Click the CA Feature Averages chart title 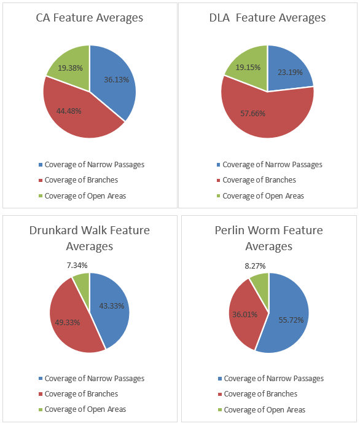pos(90,18)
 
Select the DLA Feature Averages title pos(267,18)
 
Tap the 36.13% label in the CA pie pos(117,79)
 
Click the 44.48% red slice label pos(69,111)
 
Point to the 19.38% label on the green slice pos(70,68)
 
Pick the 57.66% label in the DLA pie pos(252,113)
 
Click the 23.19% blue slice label pos(290,73)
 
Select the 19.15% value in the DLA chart pos(248,67)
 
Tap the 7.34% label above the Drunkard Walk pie pos(77,265)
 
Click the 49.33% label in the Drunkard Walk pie pos(68,323)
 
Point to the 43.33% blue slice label pos(112,306)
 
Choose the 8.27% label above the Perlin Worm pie pos(255,266)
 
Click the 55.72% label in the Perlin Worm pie pos(291,320)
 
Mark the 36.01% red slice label pos(245,314)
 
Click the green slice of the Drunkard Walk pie pos(82,286)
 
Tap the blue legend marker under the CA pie pos(41,165)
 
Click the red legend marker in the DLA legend pos(218,180)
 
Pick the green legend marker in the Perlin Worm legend pos(220,409)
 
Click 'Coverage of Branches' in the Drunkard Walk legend pos(81,394)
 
